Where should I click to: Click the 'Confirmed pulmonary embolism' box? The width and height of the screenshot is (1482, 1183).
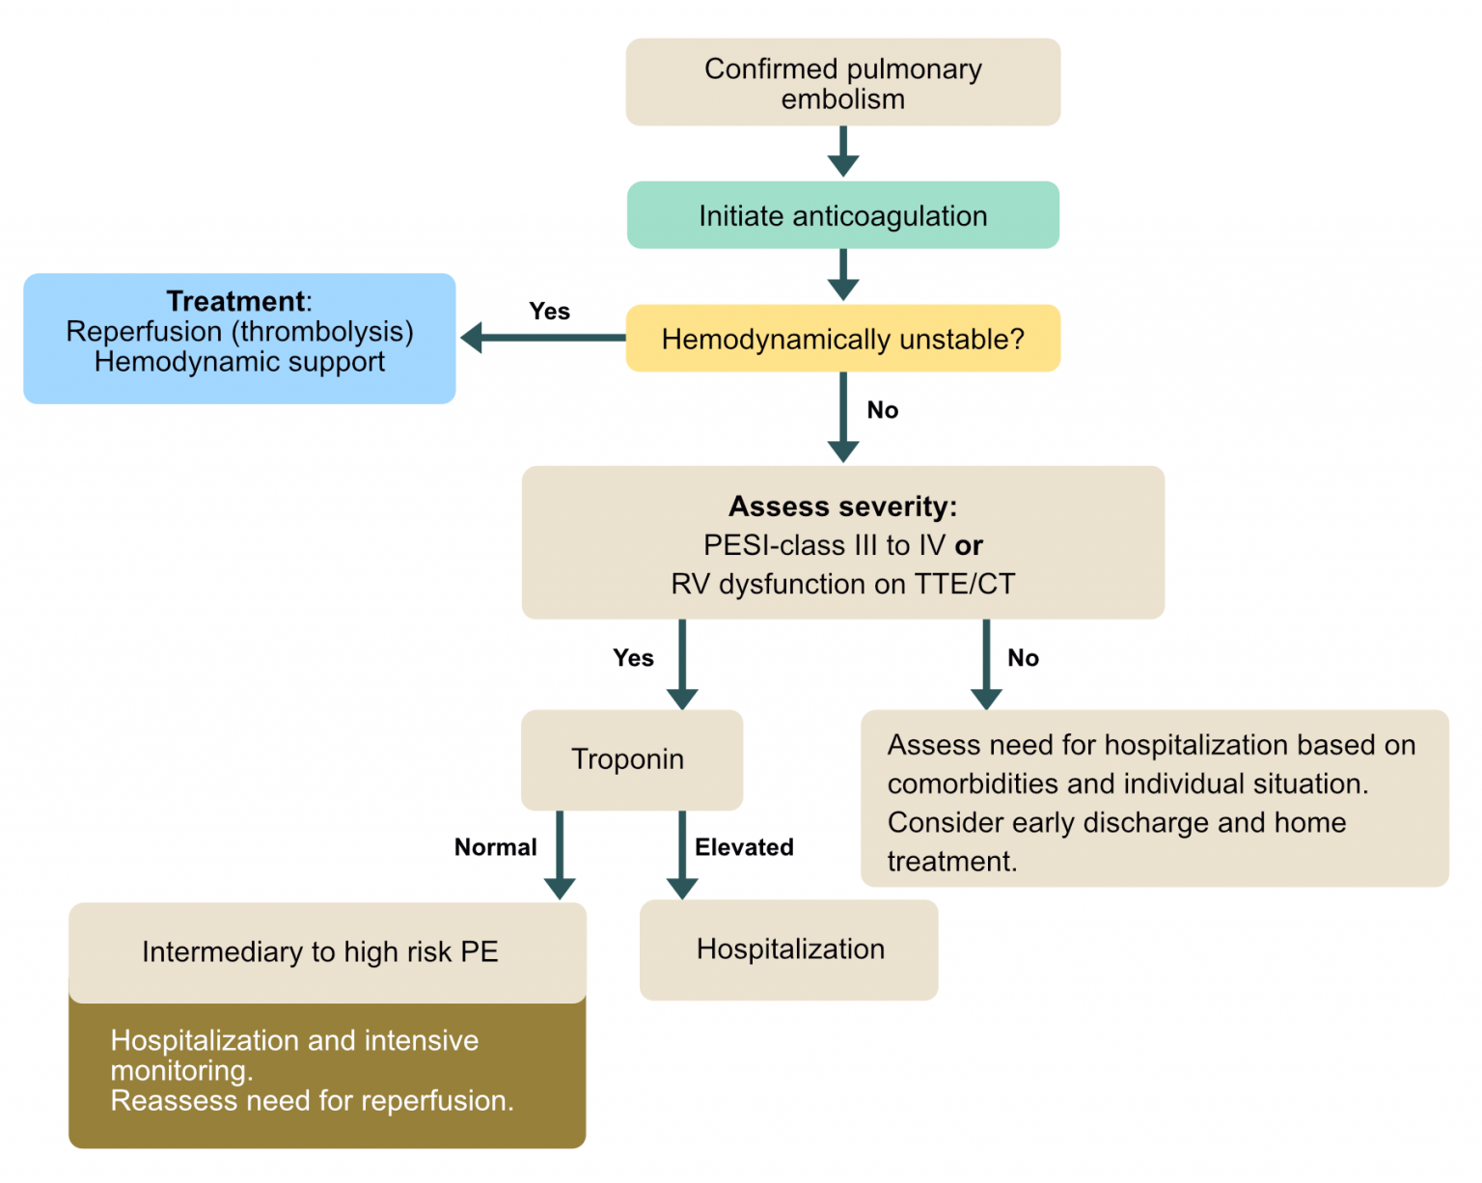point(842,83)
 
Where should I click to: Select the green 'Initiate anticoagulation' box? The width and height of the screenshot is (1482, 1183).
point(842,215)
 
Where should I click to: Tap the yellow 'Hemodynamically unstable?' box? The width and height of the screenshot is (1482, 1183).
point(842,339)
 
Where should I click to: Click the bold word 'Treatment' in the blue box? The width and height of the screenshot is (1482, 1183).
point(235,301)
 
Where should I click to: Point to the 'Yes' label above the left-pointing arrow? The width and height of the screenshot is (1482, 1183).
point(549,312)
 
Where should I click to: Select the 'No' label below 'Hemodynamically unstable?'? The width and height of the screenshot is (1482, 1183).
point(882,410)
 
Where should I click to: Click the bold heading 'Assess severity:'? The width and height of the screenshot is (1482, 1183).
point(842,506)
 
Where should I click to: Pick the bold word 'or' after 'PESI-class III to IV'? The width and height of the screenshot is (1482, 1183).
point(969,545)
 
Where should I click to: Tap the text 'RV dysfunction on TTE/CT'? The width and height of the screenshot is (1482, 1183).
point(842,584)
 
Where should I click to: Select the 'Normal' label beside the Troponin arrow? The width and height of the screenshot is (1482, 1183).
point(495,847)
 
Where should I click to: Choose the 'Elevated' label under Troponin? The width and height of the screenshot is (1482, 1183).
point(744,847)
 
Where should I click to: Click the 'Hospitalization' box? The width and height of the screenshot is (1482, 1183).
point(789,949)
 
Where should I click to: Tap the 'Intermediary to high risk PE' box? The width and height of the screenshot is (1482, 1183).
point(321,952)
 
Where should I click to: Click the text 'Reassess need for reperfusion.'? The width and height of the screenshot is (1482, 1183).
point(312,1101)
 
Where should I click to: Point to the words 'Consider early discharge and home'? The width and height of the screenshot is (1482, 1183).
point(1115,822)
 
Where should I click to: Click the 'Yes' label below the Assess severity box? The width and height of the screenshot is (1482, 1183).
point(633,658)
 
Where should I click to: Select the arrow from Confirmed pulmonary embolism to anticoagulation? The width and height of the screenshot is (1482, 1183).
point(842,151)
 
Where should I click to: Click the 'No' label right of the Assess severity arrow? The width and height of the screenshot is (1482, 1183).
point(1023,658)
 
